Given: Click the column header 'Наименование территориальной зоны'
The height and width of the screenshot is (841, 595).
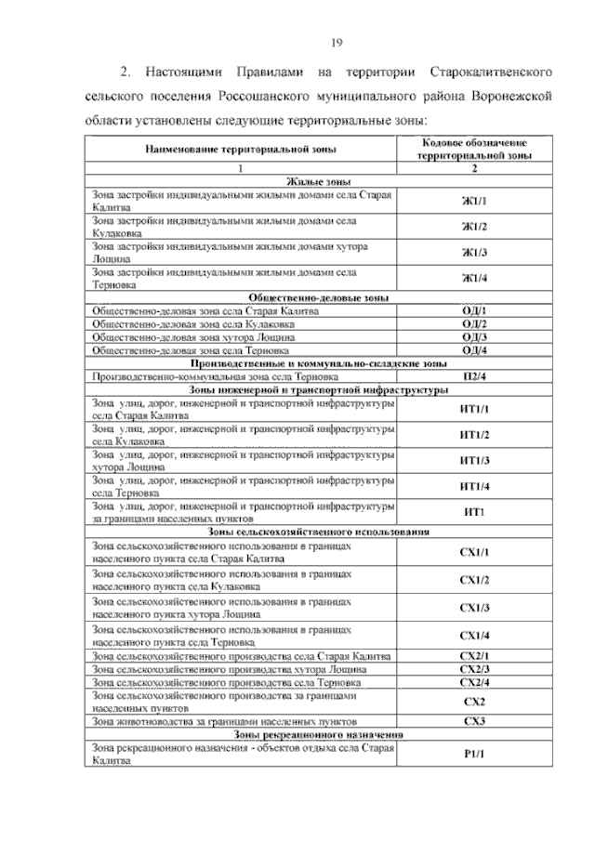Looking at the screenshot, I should (x=241, y=151).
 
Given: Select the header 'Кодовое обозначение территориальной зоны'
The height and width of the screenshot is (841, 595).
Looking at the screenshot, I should (x=474, y=151).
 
